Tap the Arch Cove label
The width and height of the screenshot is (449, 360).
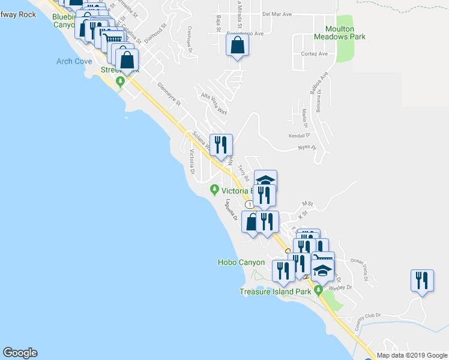pyautogui.click(x=74, y=61)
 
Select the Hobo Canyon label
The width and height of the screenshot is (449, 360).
pyautogui.click(x=241, y=262)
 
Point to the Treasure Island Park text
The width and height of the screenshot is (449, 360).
pyautogui.click(x=275, y=292)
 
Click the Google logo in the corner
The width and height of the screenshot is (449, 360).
pyautogui.click(x=20, y=353)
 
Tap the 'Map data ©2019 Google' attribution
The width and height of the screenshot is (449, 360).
pyautogui.click(x=412, y=355)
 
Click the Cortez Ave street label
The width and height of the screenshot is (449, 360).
pyautogui.click(x=314, y=53)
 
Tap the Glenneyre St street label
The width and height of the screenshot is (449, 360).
pyautogui.click(x=169, y=94)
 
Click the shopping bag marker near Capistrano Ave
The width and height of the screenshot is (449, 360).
pyautogui.click(x=238, y=45)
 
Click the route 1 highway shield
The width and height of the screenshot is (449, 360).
pyautogui.click(x=249, y=205)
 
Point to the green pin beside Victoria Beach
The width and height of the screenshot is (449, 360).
pyautogui.click(x=215, y=190)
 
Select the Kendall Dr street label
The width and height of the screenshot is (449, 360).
pyautogui.click(x=298, y=136)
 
